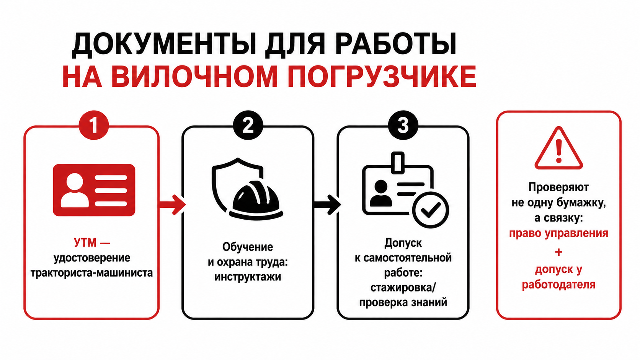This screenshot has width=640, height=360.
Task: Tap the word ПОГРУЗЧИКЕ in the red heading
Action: click(382, 77)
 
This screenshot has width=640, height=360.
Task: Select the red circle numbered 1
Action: click(94, 125)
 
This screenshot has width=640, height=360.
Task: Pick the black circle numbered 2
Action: click(248, 125)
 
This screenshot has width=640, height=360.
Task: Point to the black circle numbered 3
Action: click(403, 125)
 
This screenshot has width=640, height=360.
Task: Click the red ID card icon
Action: click(94, 190)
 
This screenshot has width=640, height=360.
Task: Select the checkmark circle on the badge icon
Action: click(430, 210)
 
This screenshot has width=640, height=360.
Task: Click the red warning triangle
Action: click(558, 148)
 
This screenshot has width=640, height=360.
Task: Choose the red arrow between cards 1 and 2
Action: click(172, 204)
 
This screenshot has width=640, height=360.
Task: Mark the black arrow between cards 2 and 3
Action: click(327, 204)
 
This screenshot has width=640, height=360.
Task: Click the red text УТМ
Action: click(85, 243)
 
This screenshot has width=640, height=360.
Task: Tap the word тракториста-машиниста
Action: click(92, 273)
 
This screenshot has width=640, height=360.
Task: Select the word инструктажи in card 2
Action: click(248, 277)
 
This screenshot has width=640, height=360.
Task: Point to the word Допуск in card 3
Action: click(403, 243)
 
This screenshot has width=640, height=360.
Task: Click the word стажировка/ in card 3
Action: click(403, 287)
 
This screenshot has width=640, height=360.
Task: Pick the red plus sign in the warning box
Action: click(558, 252)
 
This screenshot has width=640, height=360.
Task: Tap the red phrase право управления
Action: click(558, 233)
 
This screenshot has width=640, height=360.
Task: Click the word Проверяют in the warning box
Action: click(558, 187)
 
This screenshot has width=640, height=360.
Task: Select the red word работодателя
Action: click(558, 285)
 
